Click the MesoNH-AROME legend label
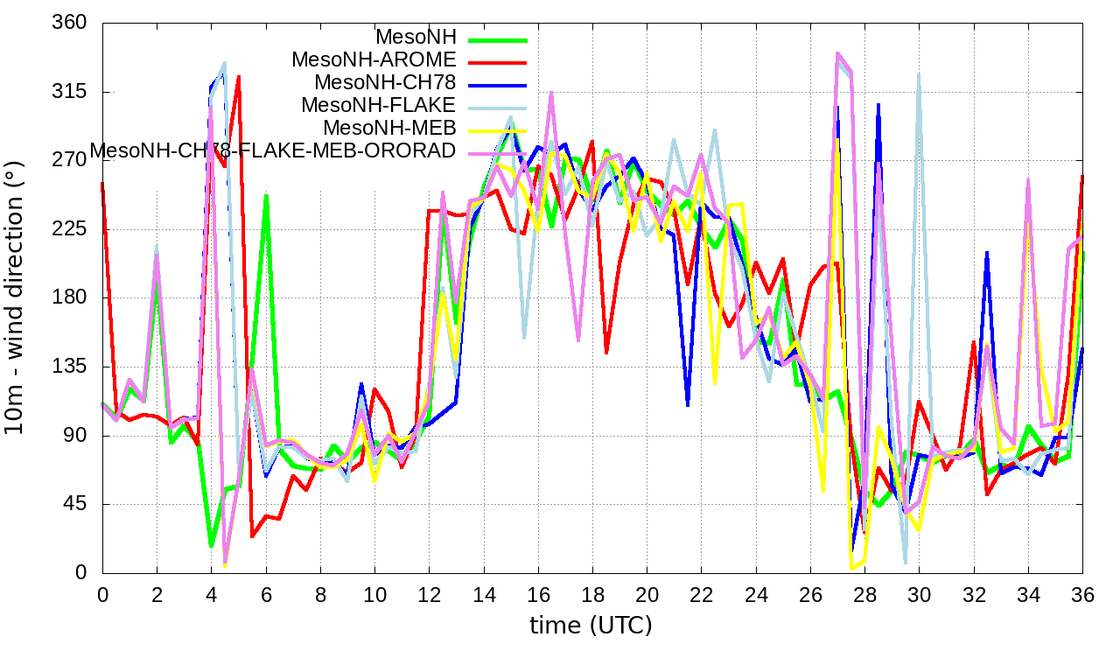point(374,60)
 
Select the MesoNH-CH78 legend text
point(385,83)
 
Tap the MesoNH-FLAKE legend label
point(379,105)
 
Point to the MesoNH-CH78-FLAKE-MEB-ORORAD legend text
point(273,150)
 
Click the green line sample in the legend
point(498,39)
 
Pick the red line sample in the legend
point(498,62)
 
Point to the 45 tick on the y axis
point(75,504)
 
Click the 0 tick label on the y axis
point(80,572)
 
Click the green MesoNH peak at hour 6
point(266,196)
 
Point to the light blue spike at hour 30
point(918,75)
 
